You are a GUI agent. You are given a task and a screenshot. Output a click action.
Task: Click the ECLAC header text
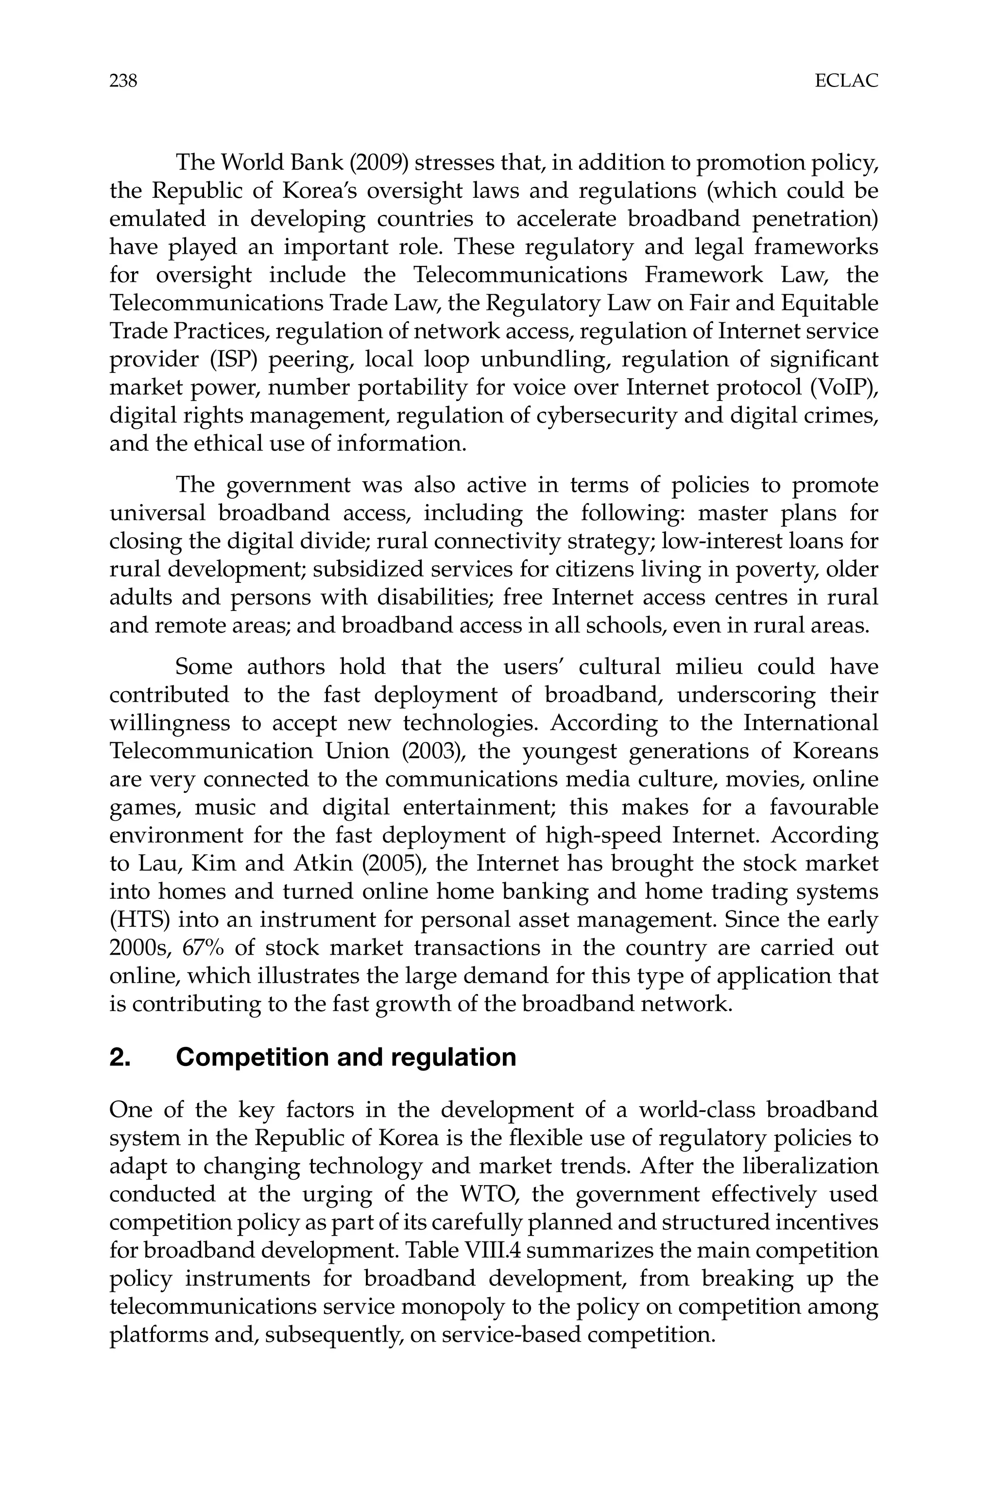(x=846, y=81)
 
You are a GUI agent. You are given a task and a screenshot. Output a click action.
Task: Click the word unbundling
(x=545, y=359)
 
